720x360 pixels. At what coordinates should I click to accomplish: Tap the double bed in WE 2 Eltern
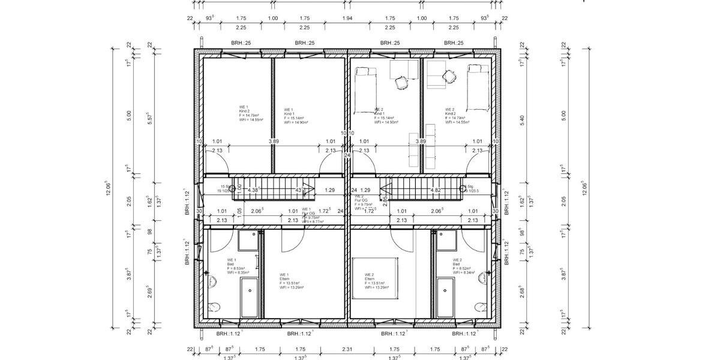coord(375,278)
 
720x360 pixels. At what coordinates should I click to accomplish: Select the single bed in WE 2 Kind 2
coord(478,88)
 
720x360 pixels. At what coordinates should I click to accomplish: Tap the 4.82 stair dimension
coord(436,190)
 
